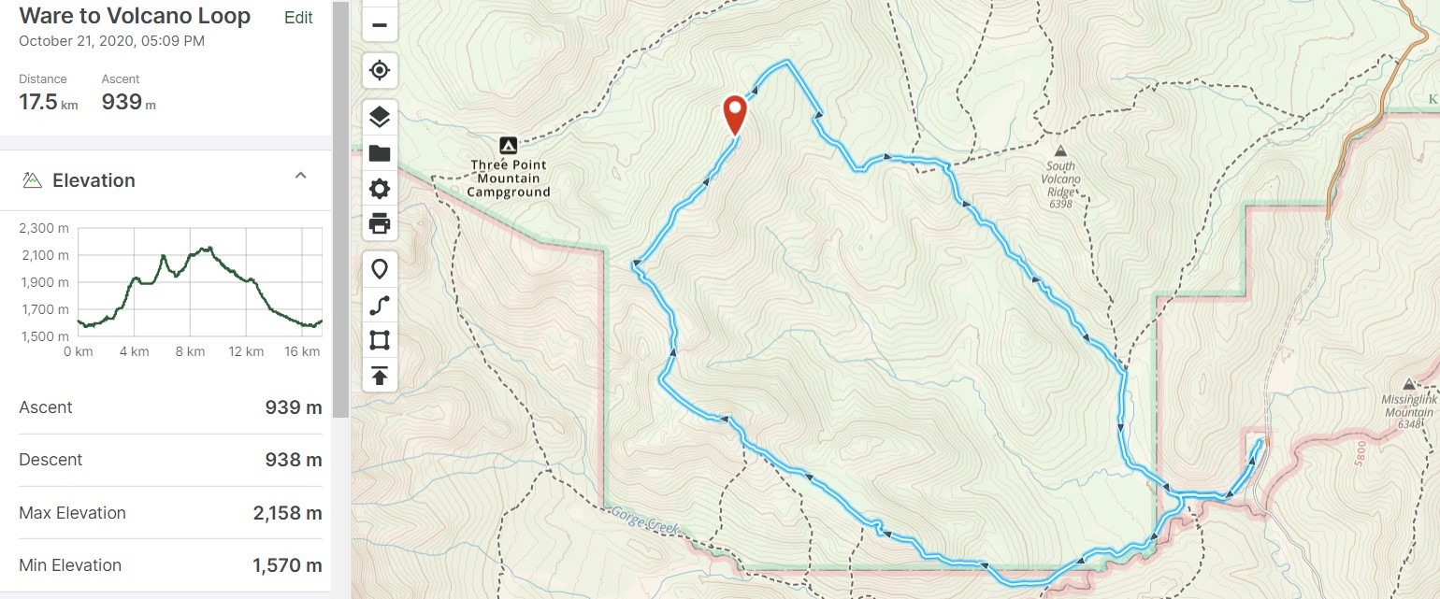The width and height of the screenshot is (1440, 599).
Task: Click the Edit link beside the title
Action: [298, 18]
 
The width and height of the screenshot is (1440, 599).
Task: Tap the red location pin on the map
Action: [736, 114]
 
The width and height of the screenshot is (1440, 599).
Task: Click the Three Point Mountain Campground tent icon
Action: [508, 145]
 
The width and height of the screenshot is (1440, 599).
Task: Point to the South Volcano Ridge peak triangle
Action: [1060, 151]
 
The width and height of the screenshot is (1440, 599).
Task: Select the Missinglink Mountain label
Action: [1407, 406]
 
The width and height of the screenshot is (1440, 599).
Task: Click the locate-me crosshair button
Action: [380, 70]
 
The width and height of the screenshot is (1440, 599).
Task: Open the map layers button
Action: [380, 118]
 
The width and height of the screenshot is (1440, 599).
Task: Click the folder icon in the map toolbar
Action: [380, 153]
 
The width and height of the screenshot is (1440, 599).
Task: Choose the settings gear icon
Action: [380, 189]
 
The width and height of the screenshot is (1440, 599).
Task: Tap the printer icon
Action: [380, 224]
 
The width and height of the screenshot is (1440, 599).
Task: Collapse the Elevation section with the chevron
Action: [300, 176]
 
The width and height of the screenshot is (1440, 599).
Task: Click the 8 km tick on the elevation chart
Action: [190, 351]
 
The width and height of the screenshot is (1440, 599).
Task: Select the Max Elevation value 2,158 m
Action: [287, 513]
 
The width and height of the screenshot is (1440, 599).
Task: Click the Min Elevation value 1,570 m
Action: [287, 565]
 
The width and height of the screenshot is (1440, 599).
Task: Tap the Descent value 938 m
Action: [294, 460]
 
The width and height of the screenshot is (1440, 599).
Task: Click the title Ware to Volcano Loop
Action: [135, 16]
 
